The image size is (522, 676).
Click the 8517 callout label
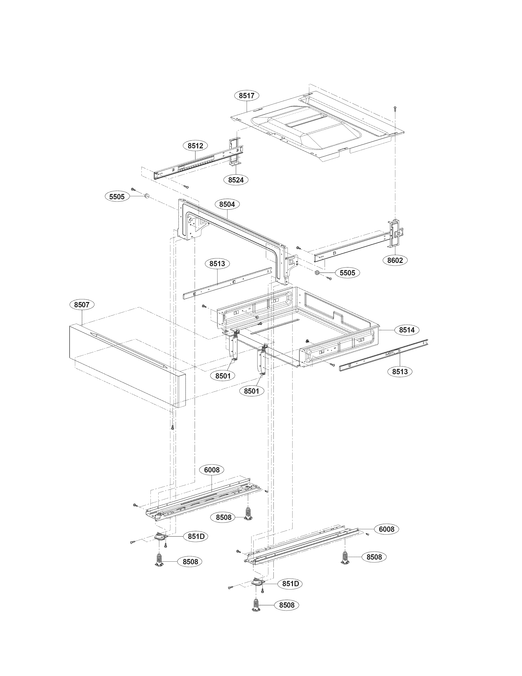(x=246, y=96)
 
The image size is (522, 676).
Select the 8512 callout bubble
(x=195, y=145)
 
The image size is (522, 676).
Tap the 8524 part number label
(x=236, y=179)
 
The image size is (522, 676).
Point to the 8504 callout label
(x=227, y=204)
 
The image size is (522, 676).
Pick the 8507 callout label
(x=82, y=305)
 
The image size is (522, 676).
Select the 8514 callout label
(x=407, y=330)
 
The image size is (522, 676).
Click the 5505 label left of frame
(x=117, y=197)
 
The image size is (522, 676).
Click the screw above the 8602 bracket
(x=395, y=108)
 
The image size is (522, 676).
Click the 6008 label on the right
(x=386, y=529)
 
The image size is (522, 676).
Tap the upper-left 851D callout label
(x=196, y=536)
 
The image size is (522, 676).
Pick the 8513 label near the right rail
(x=400, y=371)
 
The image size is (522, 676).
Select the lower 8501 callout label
(x=251, y=391)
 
